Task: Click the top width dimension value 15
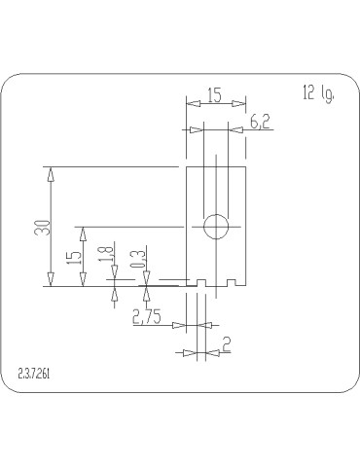pos(215,96)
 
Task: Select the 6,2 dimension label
pos(260,122)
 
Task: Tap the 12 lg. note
pos(318,93)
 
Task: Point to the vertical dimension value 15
pos(73,258)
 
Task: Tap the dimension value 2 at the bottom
pos(226,343)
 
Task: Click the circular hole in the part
pos(215,227)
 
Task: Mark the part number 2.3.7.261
pos(35,374)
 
